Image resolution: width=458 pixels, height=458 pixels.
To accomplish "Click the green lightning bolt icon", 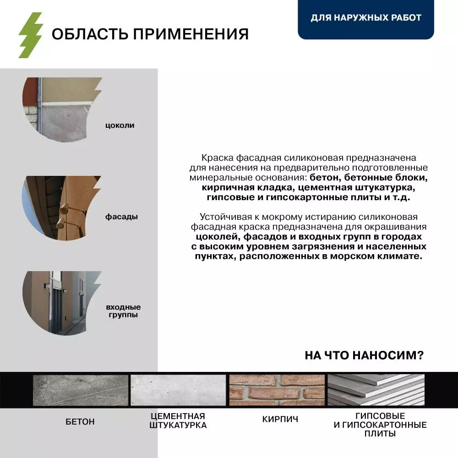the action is (30, 35).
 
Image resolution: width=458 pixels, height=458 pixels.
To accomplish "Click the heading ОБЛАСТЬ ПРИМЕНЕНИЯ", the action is (150, 34).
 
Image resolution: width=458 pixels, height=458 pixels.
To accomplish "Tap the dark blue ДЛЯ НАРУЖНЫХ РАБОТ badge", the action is (365, 18).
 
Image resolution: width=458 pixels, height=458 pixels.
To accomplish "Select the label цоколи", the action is (120, 125).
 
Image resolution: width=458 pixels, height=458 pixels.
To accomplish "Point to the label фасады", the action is (121, 217).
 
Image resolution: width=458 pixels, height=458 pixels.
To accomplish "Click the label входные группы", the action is (123, 311).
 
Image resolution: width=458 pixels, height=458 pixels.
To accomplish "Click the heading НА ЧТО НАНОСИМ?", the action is (364, 355).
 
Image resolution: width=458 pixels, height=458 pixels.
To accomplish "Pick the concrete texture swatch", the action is (81, 390).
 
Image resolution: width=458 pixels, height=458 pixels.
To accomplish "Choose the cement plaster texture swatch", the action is (178, 390).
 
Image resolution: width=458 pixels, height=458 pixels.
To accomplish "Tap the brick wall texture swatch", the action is (277, 390).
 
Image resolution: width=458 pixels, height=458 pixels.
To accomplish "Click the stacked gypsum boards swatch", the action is (376, 390).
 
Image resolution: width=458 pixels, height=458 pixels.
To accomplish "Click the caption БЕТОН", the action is (80, 421).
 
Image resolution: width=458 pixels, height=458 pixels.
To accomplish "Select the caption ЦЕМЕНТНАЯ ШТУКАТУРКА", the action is (178, 421).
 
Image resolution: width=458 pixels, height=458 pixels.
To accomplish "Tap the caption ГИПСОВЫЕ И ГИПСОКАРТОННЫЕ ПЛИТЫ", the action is (380, 425).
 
